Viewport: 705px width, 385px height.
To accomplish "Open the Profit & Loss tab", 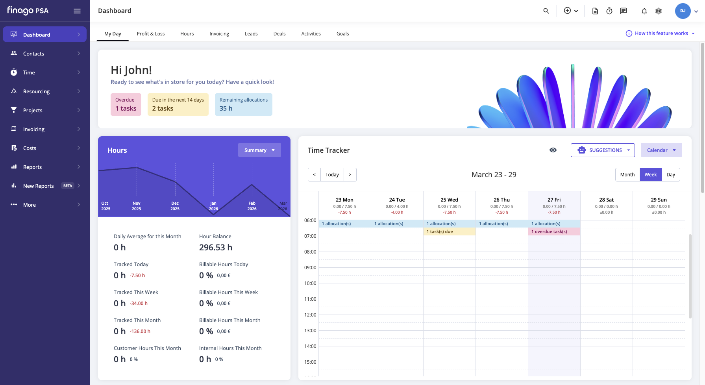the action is [x=151, y=34].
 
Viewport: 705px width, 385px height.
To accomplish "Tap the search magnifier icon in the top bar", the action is [x=546, y=11].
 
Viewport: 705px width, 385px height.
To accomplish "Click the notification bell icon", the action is [x=644, y=11].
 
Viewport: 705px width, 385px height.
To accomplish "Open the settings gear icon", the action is [x=659, y=11].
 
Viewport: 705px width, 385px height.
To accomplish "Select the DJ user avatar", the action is [x=683, y=11].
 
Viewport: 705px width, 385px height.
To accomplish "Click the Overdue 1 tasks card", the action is [x=126, y=104].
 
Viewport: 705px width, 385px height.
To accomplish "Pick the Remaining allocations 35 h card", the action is [x=244, y=104].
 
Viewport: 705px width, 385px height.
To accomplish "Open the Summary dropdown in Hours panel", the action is [x=259, y=150].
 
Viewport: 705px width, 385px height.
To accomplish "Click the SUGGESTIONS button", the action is [x=603, y=150].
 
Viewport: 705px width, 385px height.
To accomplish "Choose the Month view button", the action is [x=627, y=175].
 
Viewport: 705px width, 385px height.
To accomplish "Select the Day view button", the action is [x=671, y=175].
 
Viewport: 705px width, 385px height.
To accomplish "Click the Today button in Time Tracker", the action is [x=332, y=175].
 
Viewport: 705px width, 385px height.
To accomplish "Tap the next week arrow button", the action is [x=350, y=175].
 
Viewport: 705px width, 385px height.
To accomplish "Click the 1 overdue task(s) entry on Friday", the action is [x=554, y=231].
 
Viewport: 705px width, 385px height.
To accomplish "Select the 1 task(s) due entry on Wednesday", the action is [x=450, y=231].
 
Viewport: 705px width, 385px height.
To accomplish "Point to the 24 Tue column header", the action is [x=397, y=200].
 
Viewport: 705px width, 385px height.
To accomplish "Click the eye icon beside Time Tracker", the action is [x=553, y=150].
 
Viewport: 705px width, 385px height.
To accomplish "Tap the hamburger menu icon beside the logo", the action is [x=77, y=11].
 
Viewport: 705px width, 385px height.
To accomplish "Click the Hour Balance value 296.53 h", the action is [x=216, y=248].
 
